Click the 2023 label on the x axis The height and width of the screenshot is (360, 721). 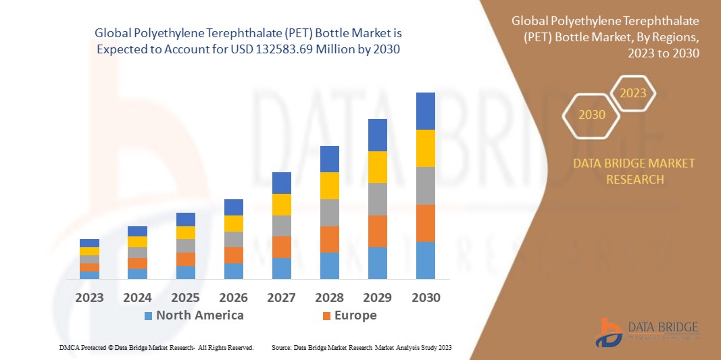coord(89,298)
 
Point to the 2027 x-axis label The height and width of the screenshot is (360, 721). coord(281,298)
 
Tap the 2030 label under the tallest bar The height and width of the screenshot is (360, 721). coord(425,298)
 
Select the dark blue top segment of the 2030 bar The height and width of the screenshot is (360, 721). coord(425,111)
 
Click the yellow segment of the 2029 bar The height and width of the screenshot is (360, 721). coord(377,167)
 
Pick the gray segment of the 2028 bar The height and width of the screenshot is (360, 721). coord(329,212)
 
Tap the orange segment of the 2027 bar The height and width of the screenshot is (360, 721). coord(281,247)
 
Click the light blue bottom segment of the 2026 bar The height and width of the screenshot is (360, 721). coord(233,271)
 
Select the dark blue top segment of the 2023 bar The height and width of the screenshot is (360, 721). coord(89,243)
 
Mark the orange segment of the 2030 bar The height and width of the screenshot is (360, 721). coord(425,223)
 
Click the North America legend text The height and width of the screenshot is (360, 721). coord(200,315)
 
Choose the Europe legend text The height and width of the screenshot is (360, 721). coord(355,315)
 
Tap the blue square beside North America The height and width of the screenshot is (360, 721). coord(148,315)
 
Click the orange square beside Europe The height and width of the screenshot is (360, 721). coord(326,315)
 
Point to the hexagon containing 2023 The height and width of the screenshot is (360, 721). coord(633,93)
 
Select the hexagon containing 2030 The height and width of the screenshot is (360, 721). coord(591,115)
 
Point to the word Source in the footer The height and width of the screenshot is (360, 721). coord(281,347)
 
